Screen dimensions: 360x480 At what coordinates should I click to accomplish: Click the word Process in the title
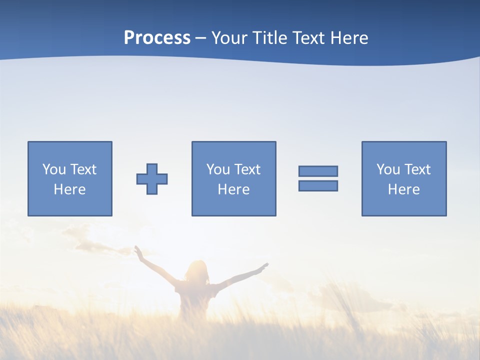click(157, 38)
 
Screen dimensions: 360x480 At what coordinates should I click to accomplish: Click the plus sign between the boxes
click(152, 178)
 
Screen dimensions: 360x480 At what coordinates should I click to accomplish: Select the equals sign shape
click(318, 178)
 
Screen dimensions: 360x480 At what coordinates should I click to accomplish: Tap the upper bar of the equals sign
click(318, 171)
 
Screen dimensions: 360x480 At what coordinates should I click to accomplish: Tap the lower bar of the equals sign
click(318, 186)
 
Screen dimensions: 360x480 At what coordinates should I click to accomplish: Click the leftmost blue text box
click(70, 178)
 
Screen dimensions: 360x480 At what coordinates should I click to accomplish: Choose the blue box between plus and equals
click(233, 178)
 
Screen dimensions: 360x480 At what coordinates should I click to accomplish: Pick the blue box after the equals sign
click(404, 178)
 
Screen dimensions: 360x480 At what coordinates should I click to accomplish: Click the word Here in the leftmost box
click(70, 189)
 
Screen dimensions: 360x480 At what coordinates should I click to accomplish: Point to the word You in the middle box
click(218, 169)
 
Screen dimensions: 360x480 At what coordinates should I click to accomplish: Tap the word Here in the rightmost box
click(404, 189)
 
